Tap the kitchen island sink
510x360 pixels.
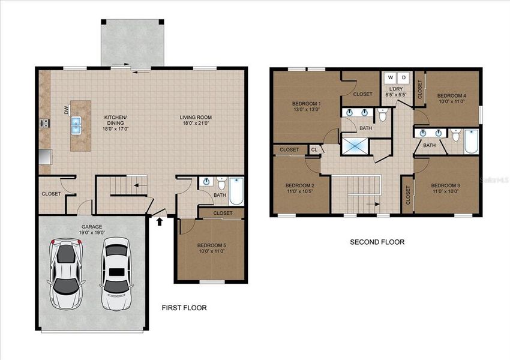click(77, 125)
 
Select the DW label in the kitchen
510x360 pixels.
click(67, 110)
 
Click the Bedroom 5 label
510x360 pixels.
click(211, 245)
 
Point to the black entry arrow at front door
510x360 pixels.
click(160, 222)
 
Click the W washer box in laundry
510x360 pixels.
click(391, 77)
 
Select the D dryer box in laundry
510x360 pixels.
click(404, 77)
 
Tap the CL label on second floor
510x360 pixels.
click(314, 149)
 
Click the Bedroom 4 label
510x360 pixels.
click(451, 95)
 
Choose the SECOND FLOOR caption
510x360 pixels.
click(377, 242)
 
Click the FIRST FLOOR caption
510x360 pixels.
click(184, 308)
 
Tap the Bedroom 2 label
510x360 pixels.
click(299, 185)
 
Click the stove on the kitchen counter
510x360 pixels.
click(44, 124)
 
